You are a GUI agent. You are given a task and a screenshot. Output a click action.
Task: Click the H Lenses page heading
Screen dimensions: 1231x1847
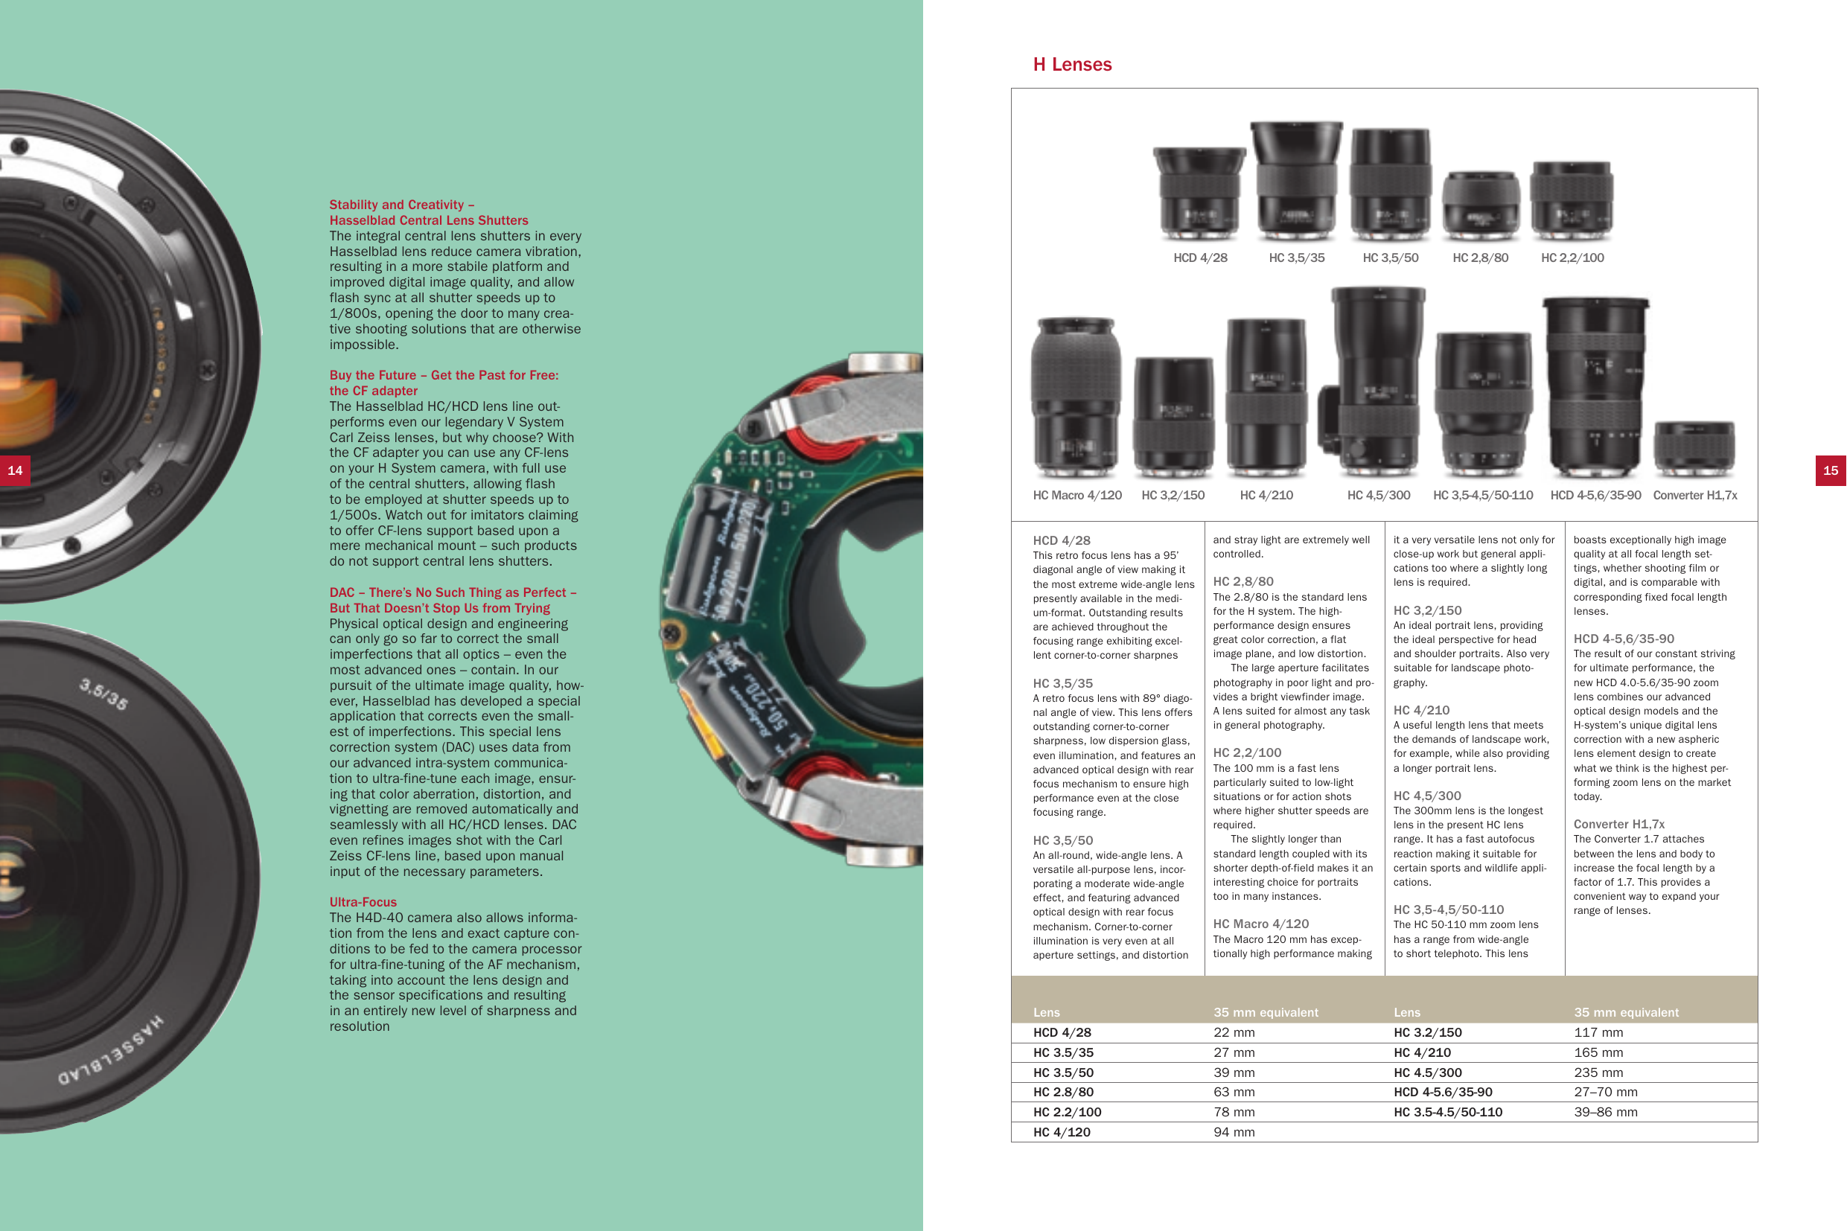(x=1072, y=64)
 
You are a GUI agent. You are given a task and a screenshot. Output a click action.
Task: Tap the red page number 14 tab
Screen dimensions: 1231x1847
(x=15, y=470)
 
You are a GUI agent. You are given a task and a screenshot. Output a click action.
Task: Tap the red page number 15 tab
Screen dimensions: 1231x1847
(x=1830, y=470)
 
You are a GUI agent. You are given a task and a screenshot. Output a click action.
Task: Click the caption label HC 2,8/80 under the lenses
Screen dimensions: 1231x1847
(x=1479, y=258)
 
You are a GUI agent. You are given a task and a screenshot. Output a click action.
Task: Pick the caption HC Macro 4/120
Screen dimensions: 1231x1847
(x=1076, y=496)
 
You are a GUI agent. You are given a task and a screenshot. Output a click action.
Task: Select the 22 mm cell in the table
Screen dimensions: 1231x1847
(x=1234, y=1032)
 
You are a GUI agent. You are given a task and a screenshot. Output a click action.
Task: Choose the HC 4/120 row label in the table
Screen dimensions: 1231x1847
(x=1062, y=1132)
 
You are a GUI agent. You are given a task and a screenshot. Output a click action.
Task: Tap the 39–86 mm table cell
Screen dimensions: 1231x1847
(x=1605, y=1112)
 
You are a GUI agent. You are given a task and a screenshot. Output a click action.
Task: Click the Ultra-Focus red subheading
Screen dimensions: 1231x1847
(x=363, y=902)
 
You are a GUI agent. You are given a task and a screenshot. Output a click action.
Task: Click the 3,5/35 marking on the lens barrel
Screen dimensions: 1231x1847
(x=103, y=694)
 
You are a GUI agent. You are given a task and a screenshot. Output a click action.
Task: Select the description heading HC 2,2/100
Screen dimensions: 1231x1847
(x=1246, y=752)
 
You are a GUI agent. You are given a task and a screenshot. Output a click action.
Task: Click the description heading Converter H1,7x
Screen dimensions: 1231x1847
(x=1618, y=824)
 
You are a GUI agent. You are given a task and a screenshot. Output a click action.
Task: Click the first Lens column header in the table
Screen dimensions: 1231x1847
(x=1046, y=1012)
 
